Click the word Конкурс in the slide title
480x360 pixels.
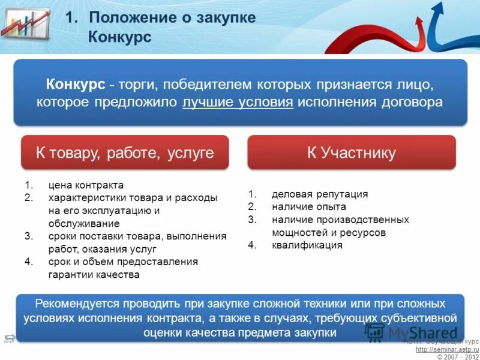(x=119, y=37)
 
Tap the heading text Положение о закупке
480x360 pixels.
(x=172, y=17)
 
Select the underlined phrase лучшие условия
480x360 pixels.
(x=238, y=102)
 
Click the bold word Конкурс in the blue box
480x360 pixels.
(x=76, y=83)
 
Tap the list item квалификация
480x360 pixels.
(x=307, y=245)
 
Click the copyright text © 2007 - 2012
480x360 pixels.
(x=457, y=356)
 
